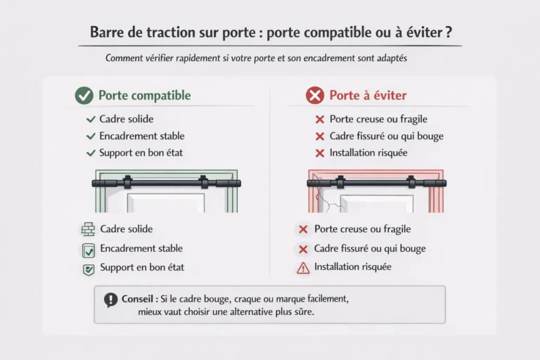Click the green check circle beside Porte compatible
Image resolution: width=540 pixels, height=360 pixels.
pyautogui.click(x=84, y=96)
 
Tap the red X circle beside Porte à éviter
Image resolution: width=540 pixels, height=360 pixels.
pyautogui.click(x=314, y=96)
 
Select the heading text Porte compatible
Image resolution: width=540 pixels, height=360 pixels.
pyautogui.click(x=144, y=96)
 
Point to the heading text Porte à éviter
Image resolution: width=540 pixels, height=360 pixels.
pyautogui.click(x=368, y=96)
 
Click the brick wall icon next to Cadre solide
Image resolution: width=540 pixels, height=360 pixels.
pyautogui.click(x=88, y=229)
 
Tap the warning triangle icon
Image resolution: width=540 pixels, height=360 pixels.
pyautogui.click(x=303, y=267)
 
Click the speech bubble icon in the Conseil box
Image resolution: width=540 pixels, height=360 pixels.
pyautogui.click(x=110, y=300)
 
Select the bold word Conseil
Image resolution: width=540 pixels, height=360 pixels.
pyautogui.click(x=136, y=298)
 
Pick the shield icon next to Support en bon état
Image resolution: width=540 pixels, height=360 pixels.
pyautogui.click(x=88, y=268)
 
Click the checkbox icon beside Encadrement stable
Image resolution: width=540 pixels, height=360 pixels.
pyautogui.click(x=88, y=249)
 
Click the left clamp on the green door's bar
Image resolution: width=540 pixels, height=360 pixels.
pyautogui.click(x=127, y=184)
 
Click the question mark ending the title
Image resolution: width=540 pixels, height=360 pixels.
pyautogui.click(x=448, y=33)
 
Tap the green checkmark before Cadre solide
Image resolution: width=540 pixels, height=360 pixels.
pyautogui.click(x=90, y=120)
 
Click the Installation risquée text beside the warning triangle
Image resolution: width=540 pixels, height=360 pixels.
pyautogui.click(x=352, y=267)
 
